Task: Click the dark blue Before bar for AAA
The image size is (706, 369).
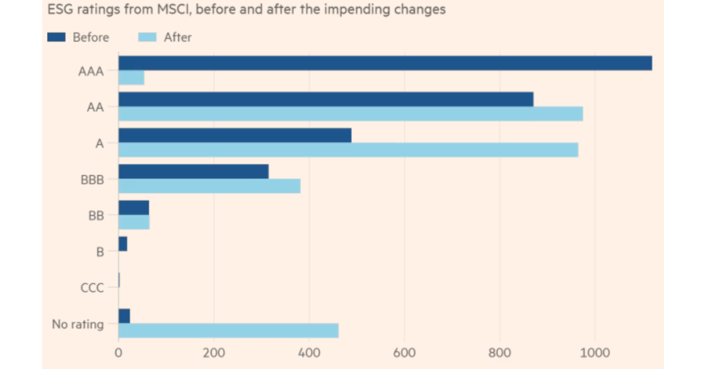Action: tap(385, 63)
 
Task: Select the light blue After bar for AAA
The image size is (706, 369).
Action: tap(131, 78)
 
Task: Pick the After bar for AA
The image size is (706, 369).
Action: tap(351, 114)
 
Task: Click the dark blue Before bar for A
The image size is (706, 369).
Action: tap(235, 135)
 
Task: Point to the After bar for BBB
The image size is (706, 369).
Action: tap(209, 186)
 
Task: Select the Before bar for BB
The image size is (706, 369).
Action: tap(134, 208)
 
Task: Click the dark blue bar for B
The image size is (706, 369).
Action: tap(123, 244)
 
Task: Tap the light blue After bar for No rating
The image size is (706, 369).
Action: tap(228, 331)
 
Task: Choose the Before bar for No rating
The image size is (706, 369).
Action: tap(124, 316)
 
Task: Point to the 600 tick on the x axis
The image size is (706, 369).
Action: tap(404, 353)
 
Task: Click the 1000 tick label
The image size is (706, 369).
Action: tap(595, 353)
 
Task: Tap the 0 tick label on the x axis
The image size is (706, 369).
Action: tap(118, 353)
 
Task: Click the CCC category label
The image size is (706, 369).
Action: tap(92, 288)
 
